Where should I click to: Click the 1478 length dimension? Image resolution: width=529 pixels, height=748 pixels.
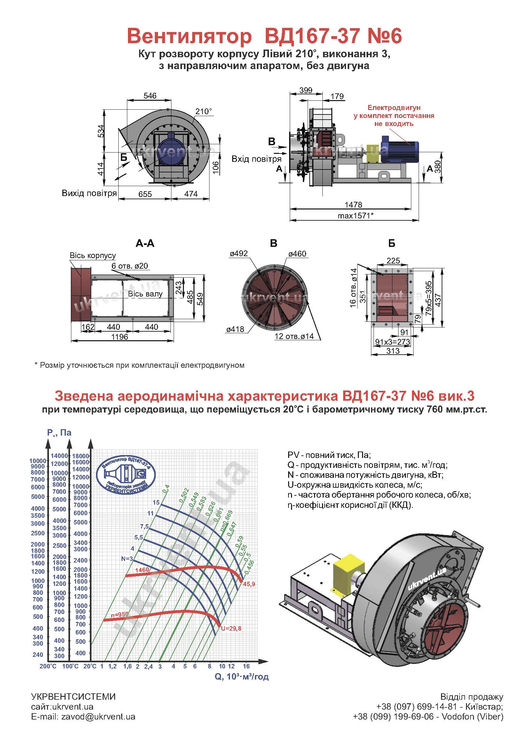(x=353, y=205)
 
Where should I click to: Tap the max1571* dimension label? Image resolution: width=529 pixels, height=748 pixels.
(x=355, y=215)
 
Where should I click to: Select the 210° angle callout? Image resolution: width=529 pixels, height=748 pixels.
(x=204, y=111)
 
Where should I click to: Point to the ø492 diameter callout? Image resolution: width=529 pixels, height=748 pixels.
(x=239, y=254)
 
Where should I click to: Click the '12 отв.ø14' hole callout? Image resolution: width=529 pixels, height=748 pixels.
(x=294, y=336)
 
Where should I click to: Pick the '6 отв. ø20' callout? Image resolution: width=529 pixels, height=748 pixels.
(x=130, y=266)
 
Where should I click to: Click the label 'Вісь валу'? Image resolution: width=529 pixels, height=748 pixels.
(x=145, y=294)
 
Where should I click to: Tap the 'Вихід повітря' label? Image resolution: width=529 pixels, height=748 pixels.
(x=89, y=193)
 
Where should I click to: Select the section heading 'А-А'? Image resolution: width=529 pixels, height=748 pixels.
(x=145, y=243)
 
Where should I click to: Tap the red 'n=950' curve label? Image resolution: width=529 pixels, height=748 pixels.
(x=119, y=614)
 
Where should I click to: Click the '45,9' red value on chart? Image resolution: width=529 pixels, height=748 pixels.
(x=249, y=584)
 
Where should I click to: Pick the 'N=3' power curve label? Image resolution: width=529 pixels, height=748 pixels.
(x=127, y=559)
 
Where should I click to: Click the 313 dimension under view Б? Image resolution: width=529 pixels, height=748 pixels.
(x=393, y=351)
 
